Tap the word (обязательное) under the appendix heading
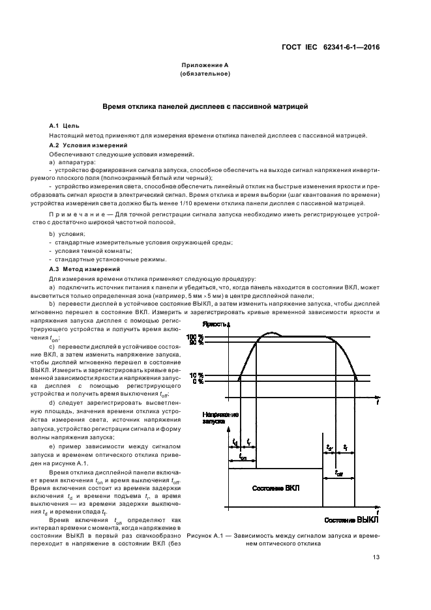(x=205, y=74)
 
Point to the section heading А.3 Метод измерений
(x=83, y=269)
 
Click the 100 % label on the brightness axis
(x=195, y=336)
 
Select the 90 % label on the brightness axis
(x=195, y=342)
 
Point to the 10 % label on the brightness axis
(x=196, y=375)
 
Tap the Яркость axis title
(x=215, y=323)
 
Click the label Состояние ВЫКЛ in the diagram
(x=350, y=521)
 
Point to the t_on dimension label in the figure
(x=243, y=458)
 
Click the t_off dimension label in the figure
(x=339, y=473)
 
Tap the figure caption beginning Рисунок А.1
(x=282, y=538)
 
